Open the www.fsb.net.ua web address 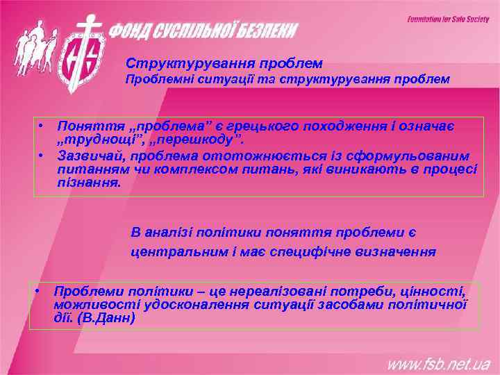[x=439, y=362]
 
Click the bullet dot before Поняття [x=42, y=126]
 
